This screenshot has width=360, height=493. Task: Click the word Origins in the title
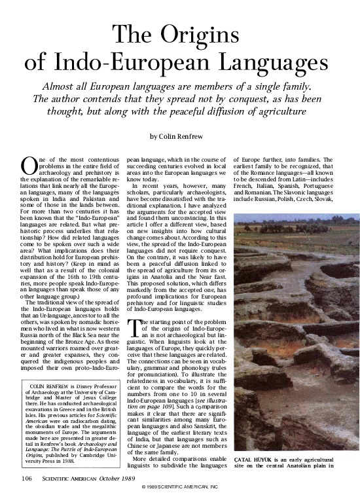coord(208,35)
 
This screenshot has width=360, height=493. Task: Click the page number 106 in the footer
coord(26,479)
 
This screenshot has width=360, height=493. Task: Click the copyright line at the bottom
coord(179,488)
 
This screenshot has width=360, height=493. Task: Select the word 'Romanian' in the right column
coord(253,192)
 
